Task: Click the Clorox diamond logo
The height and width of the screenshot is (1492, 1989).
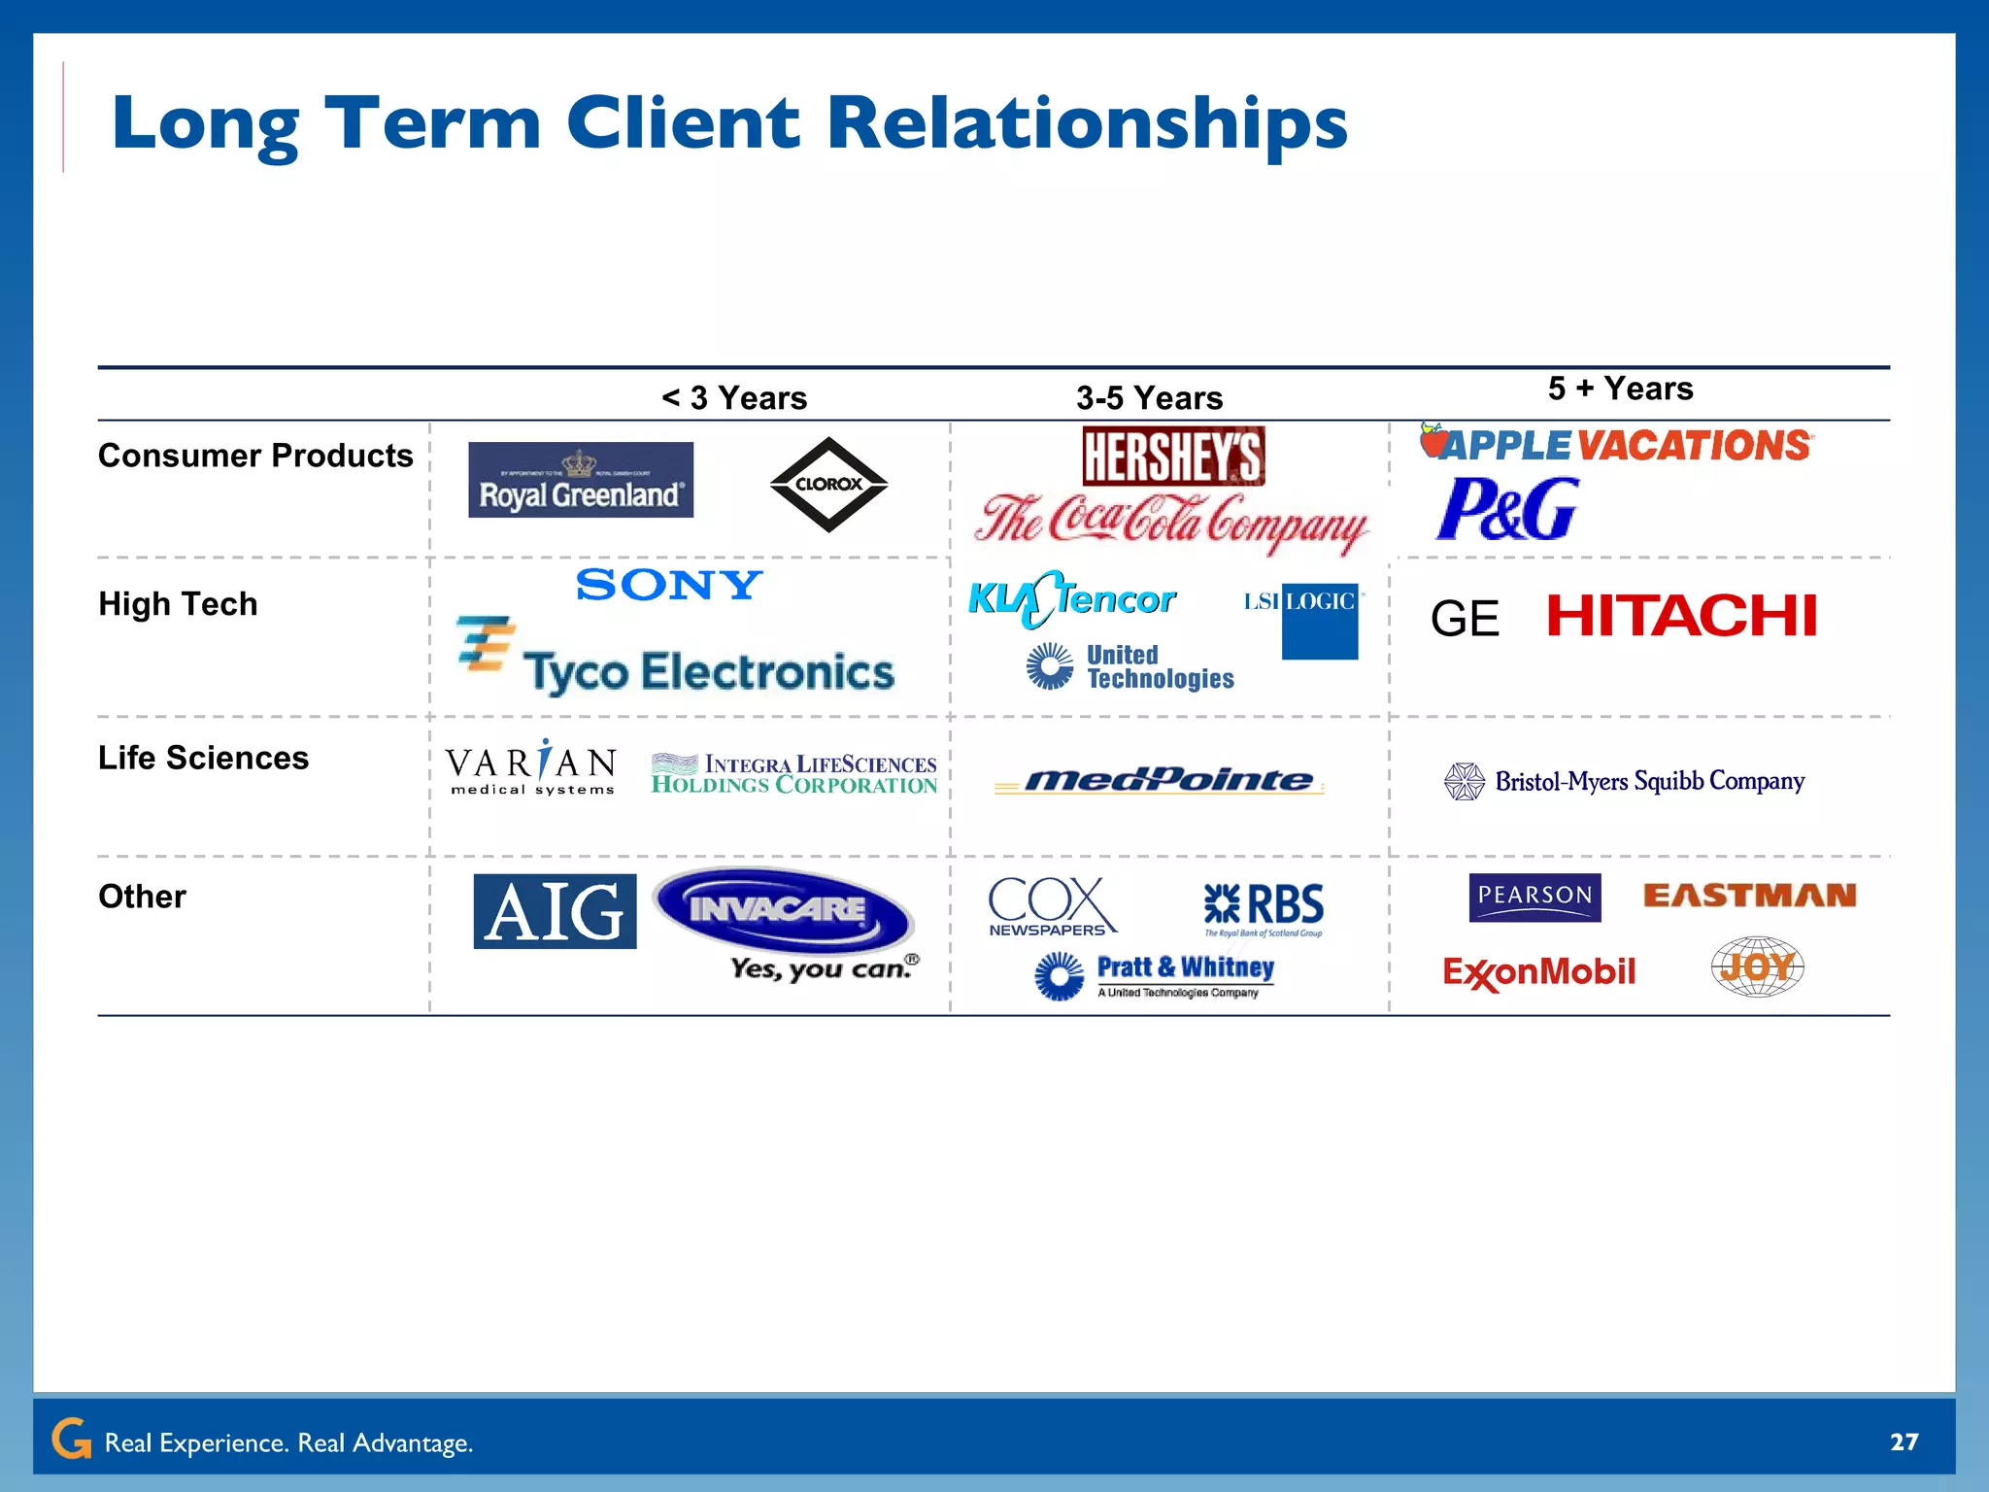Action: point(828,484)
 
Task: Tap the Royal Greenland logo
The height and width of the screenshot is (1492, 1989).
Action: point(581,480)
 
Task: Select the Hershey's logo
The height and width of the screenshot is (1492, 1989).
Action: point(1173,456)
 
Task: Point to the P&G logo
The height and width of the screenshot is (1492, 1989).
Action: point(1507,508)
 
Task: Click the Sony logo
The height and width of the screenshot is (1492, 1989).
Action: point(669,585)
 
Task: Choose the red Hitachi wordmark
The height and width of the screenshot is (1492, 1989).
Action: point(1681,616)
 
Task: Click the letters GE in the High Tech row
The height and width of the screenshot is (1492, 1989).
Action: point(1465,619)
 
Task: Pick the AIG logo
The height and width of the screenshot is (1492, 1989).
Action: point(555,911)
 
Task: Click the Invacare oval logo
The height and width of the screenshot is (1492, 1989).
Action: point(782,911)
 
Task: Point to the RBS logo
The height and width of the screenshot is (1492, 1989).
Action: point(1264,906)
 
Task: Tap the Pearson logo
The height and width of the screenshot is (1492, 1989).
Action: point(1534,897)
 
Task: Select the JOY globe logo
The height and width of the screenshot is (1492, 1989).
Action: point(1757,966)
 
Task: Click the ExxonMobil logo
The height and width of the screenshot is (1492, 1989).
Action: point(1538,971)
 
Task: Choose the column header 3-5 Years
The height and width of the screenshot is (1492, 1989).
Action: point(1149,398)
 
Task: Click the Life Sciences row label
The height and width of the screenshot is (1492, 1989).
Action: point(203,758)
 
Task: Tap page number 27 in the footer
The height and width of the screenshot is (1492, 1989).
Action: point(1904,1441)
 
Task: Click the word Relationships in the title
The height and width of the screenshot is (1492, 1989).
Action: point(1087,124)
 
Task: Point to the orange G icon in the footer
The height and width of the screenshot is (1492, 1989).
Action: point(71,1439)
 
